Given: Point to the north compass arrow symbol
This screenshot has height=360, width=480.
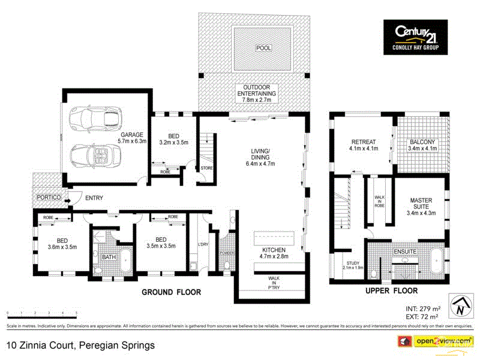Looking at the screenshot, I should point(460,306).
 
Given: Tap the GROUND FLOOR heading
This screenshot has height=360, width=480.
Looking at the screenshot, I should point(171,292).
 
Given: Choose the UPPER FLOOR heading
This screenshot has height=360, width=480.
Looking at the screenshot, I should point(391,290).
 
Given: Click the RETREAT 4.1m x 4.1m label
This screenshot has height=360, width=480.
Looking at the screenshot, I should point(364,145).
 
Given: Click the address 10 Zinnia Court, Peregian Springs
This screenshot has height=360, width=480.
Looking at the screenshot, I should point(80,346).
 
